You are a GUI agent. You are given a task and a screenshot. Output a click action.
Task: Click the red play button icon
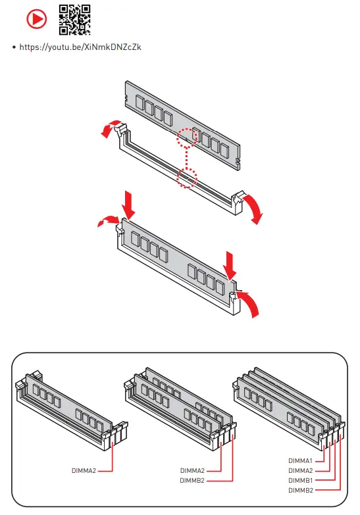pyautogui.click(x=36, y=19)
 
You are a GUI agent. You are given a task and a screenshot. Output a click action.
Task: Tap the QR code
pyautogui.click(x=74, y=20)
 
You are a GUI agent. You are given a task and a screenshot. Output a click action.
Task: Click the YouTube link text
pyautogui.click(x=80, y=47)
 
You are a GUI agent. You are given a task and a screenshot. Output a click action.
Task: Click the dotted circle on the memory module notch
pyautogui.click(x=187, y=138)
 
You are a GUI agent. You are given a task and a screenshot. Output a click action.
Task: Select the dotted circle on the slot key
pyautogui.click(x=187, y=178)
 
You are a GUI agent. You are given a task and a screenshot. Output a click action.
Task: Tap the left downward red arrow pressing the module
pyautogui.click(x=128, y=205)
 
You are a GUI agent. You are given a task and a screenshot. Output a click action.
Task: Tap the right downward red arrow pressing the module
pyautogui.click(x=230, y=265)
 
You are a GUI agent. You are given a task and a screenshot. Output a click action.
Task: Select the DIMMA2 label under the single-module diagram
pyautogui.click(x=84, y=471)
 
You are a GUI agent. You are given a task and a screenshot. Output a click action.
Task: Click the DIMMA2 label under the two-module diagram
pyautogui.click(x=192, y=471)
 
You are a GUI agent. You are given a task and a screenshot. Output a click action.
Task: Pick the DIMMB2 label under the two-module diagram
pyautogui.click(x=192, y=481)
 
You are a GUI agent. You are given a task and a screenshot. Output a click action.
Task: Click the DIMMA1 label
pyautogui.click(x=300, y=461)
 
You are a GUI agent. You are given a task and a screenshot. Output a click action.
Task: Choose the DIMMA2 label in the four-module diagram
pyautogui.click(x=301, y=471)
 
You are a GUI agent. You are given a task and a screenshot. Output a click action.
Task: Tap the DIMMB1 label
pyautogui.click(x=300, y=481)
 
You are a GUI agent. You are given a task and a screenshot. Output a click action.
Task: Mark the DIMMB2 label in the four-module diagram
pyautogui.click(x=301, y=491)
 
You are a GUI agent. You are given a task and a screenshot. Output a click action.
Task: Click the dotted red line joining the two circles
pyautogui.click(x=187, y=158)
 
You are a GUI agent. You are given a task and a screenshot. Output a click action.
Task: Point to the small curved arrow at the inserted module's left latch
pyautogui.click(x=109, y=220)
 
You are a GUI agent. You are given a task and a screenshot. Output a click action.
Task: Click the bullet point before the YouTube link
pyautogui.click(x=14, y=47)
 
